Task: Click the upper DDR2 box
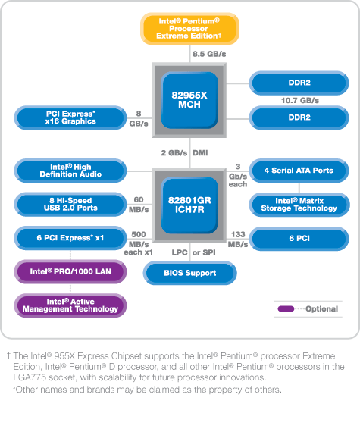coord(299,82)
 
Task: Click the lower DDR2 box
coord(299,117)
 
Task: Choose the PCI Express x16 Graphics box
coord(70,117)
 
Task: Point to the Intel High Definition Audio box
coord(70,170)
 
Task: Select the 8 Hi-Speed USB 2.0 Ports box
coord(70,204)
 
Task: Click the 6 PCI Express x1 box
coord(70,238)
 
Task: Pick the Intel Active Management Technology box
coord(70,305)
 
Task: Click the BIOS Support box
coord(189,272)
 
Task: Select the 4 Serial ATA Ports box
coord(298,170)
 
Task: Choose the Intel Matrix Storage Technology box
coord(298,204)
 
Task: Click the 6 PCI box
coord(298,238)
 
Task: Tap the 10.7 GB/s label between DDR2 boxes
coord(299,100)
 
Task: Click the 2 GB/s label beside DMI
coord(174,152)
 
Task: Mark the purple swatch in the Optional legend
coord(286,308)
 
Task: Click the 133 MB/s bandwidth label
coord(237,239)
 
